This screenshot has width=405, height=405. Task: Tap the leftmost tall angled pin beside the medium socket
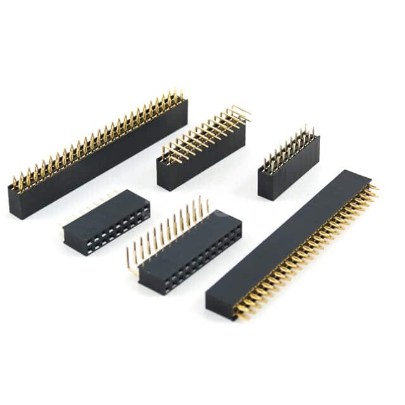(x=128, y=259)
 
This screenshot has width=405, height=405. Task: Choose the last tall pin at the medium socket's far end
(x=207, y=204)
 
